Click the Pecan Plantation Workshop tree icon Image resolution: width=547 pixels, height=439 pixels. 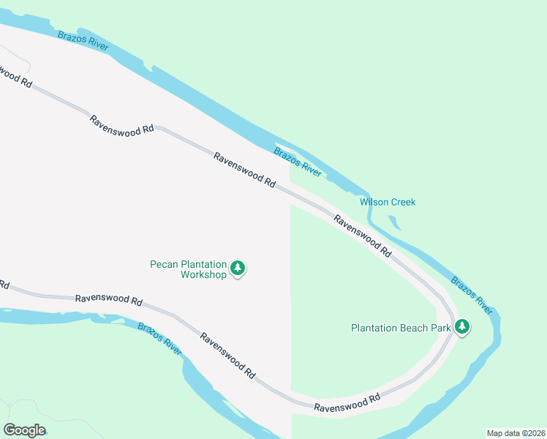[238, 269]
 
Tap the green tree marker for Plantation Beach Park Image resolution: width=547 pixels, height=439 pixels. [461, 327]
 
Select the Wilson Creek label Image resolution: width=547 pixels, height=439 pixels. [388, 202]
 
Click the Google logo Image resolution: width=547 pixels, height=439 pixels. [24, 430]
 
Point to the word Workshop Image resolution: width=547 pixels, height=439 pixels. [204, 275]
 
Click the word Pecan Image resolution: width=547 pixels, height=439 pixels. [165, 264]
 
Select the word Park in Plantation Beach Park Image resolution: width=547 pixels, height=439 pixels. [440, 328]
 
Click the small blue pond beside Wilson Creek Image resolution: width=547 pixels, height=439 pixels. [395, 221]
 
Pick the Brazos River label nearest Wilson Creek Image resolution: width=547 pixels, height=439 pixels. [298, 162]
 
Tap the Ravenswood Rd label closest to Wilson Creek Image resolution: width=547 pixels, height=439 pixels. [362, 235]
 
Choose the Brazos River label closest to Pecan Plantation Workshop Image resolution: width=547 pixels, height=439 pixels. [159, 338]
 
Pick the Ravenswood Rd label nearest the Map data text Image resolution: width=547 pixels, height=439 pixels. [347, 402]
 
